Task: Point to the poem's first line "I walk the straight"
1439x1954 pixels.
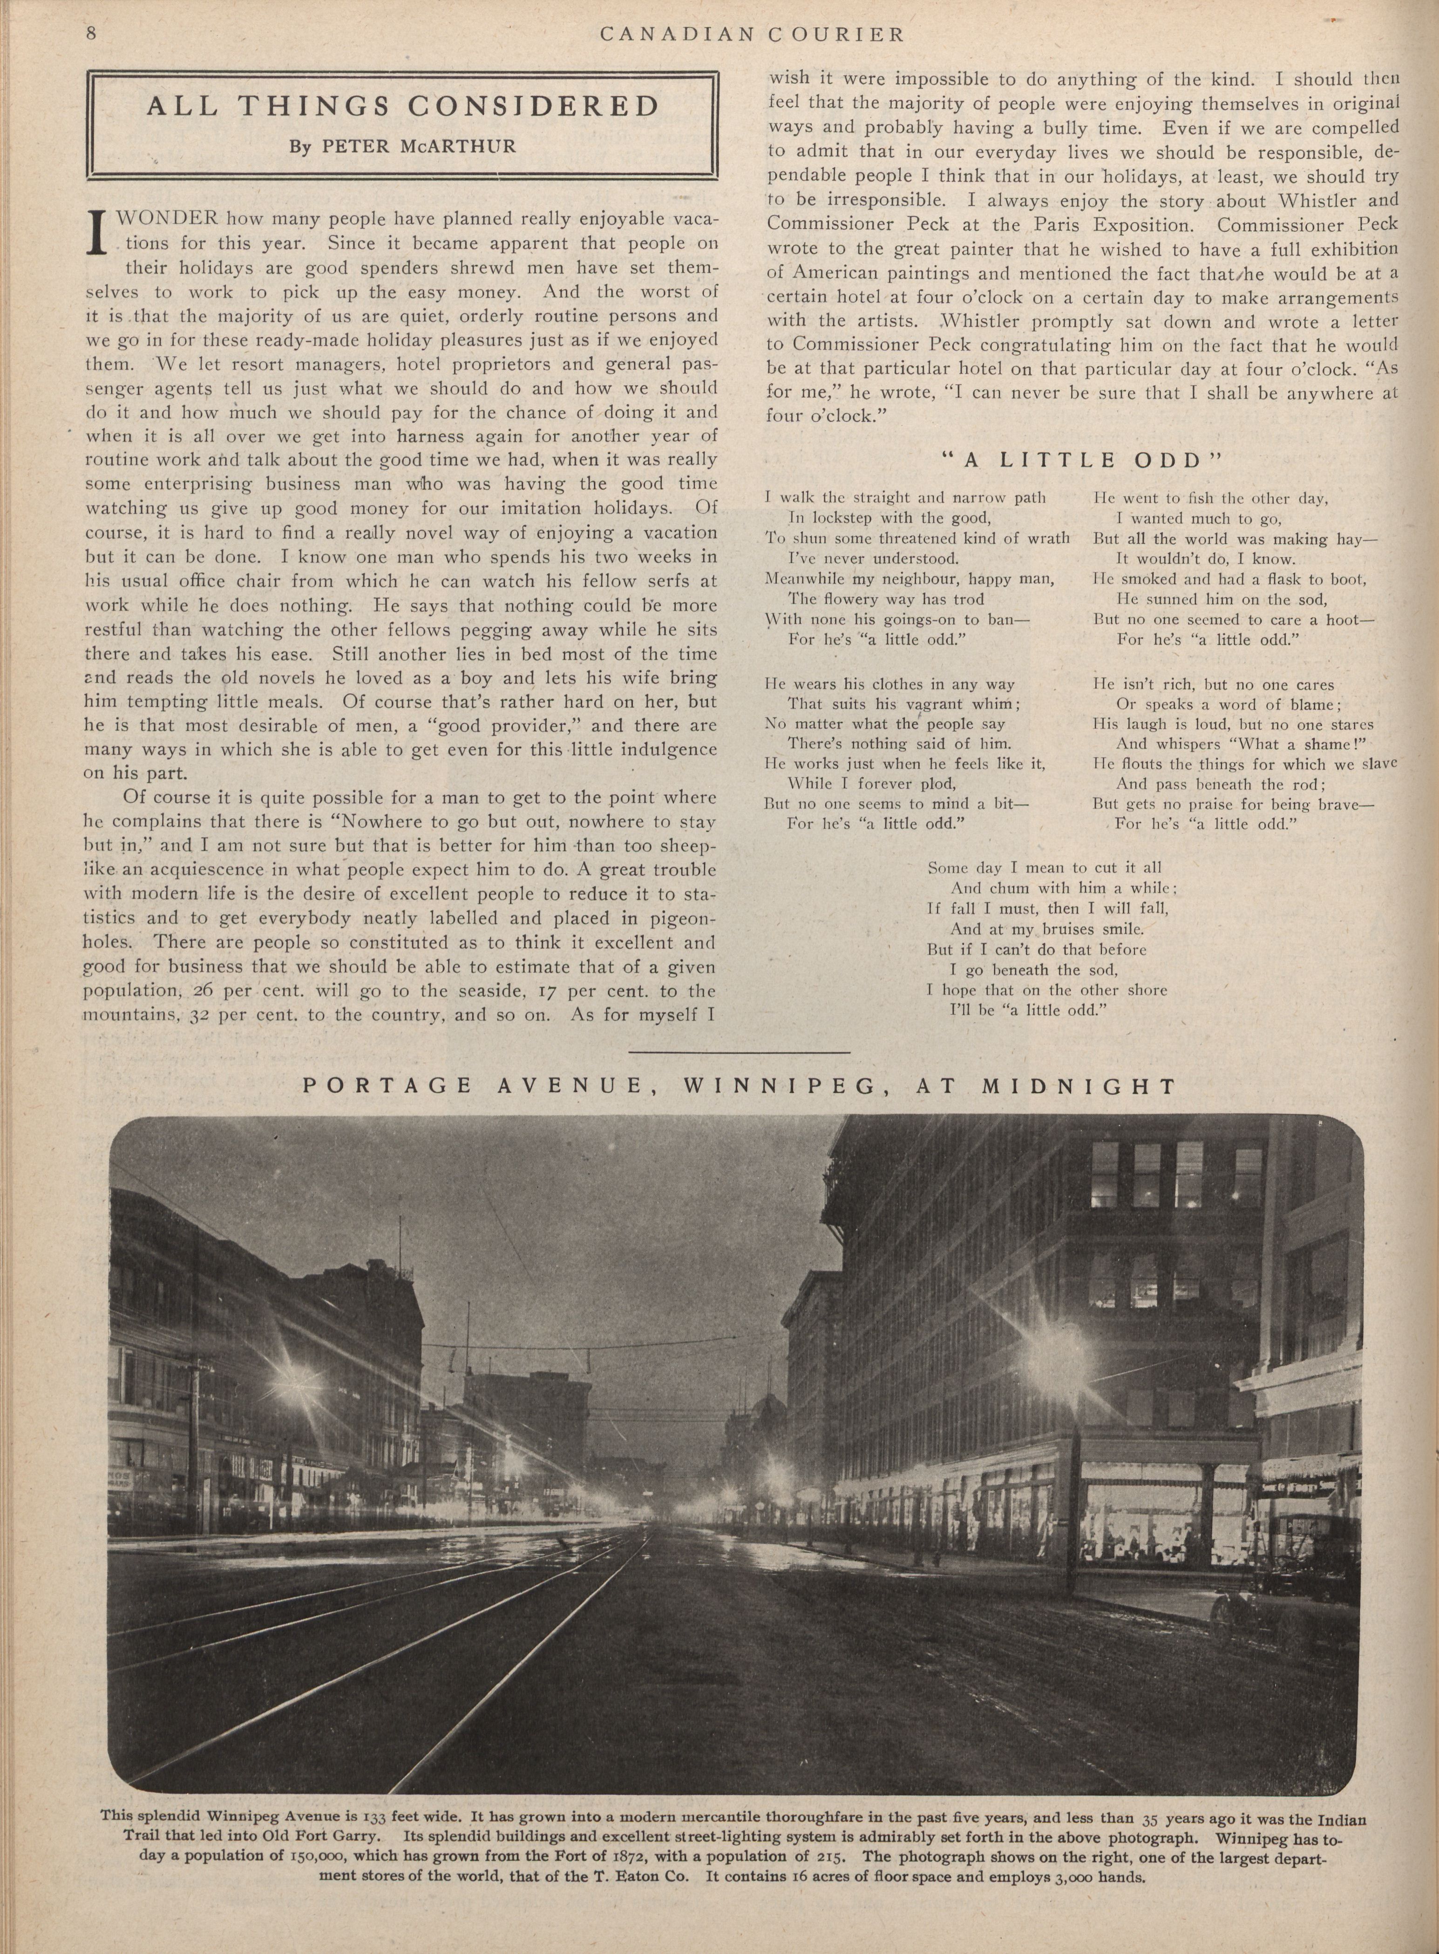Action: (x=871, y=498)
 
